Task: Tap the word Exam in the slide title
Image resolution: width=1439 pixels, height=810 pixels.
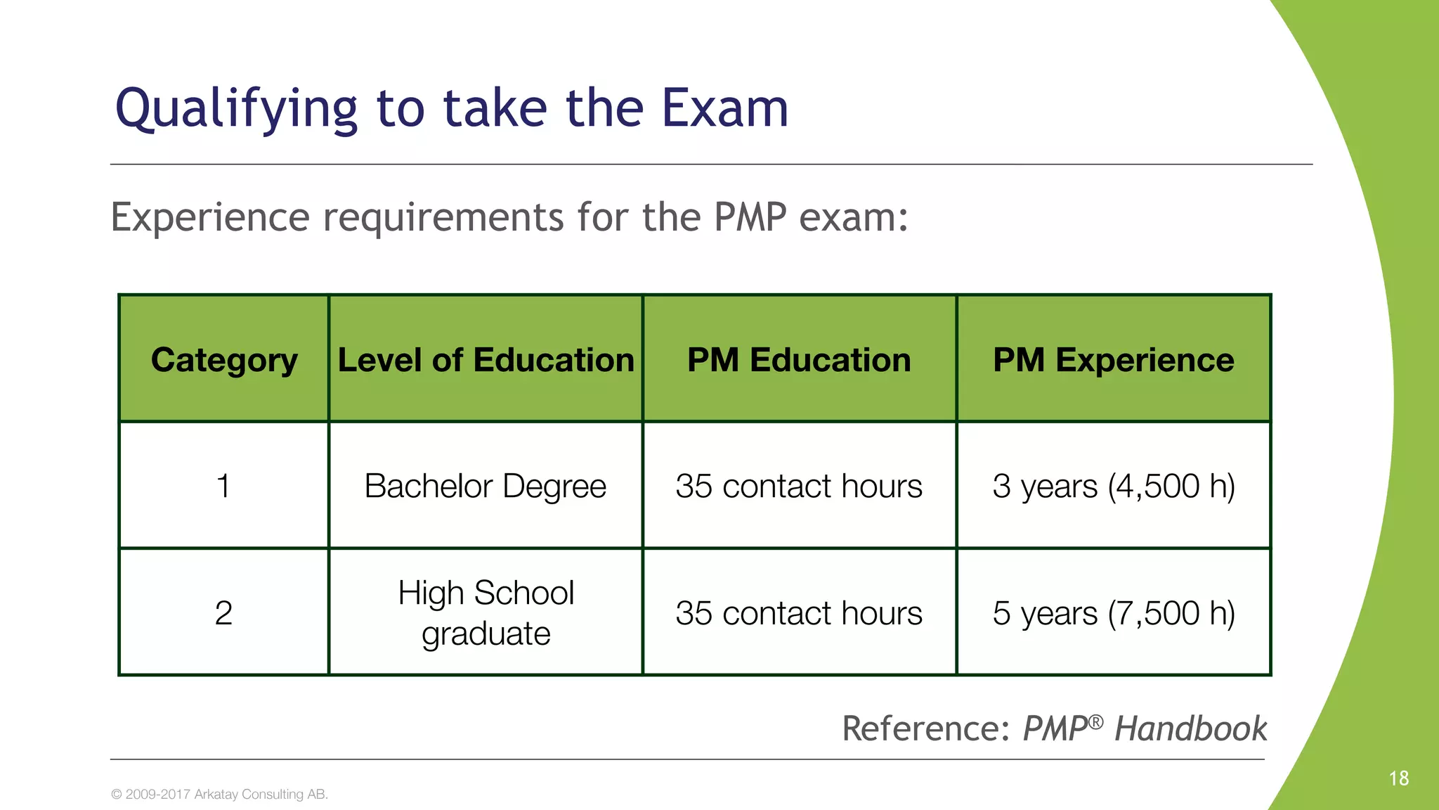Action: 725,109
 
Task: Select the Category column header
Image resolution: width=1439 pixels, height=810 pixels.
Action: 224,360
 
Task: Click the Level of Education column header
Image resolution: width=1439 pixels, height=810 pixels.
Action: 486,360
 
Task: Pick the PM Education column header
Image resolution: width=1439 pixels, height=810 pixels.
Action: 799,360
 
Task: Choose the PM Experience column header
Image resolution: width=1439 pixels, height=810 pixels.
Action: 1113,360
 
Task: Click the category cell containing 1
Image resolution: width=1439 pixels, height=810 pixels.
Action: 223,486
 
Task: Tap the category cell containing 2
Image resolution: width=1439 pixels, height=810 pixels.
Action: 223,613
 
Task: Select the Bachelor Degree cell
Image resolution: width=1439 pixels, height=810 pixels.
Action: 486,486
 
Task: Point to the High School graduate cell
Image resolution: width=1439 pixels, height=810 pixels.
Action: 486,613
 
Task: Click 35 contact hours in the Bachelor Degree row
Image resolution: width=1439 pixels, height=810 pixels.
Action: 799,486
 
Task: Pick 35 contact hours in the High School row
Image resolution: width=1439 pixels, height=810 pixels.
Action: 799,613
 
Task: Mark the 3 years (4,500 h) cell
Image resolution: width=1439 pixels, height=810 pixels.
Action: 1113,486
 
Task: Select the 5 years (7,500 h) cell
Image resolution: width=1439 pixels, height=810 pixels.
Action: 1113,613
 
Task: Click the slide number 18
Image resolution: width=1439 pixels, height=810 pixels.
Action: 1398,778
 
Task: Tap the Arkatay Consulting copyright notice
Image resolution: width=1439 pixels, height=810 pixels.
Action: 219,795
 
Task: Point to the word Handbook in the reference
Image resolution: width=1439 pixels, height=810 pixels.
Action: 1191,728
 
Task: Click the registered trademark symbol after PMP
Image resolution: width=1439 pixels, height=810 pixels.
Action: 1096,721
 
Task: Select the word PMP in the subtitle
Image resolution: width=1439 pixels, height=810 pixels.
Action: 750,217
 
